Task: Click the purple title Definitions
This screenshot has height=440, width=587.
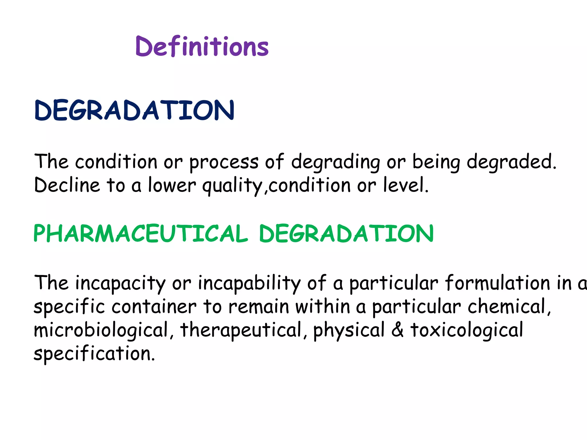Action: point(202,46)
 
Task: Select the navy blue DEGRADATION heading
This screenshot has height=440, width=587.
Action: point(134,110)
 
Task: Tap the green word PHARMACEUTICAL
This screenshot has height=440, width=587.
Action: point(140,233)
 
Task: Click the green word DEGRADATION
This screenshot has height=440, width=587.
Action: point(346,233)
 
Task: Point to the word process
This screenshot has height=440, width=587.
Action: point(224,162)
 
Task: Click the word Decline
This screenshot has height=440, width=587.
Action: point(67,185)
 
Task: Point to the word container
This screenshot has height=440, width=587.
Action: point(154,307)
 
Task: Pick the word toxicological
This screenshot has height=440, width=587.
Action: point(467,330)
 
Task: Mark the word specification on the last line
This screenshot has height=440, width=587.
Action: point(94,354)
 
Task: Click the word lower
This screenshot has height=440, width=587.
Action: point(172,185)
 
